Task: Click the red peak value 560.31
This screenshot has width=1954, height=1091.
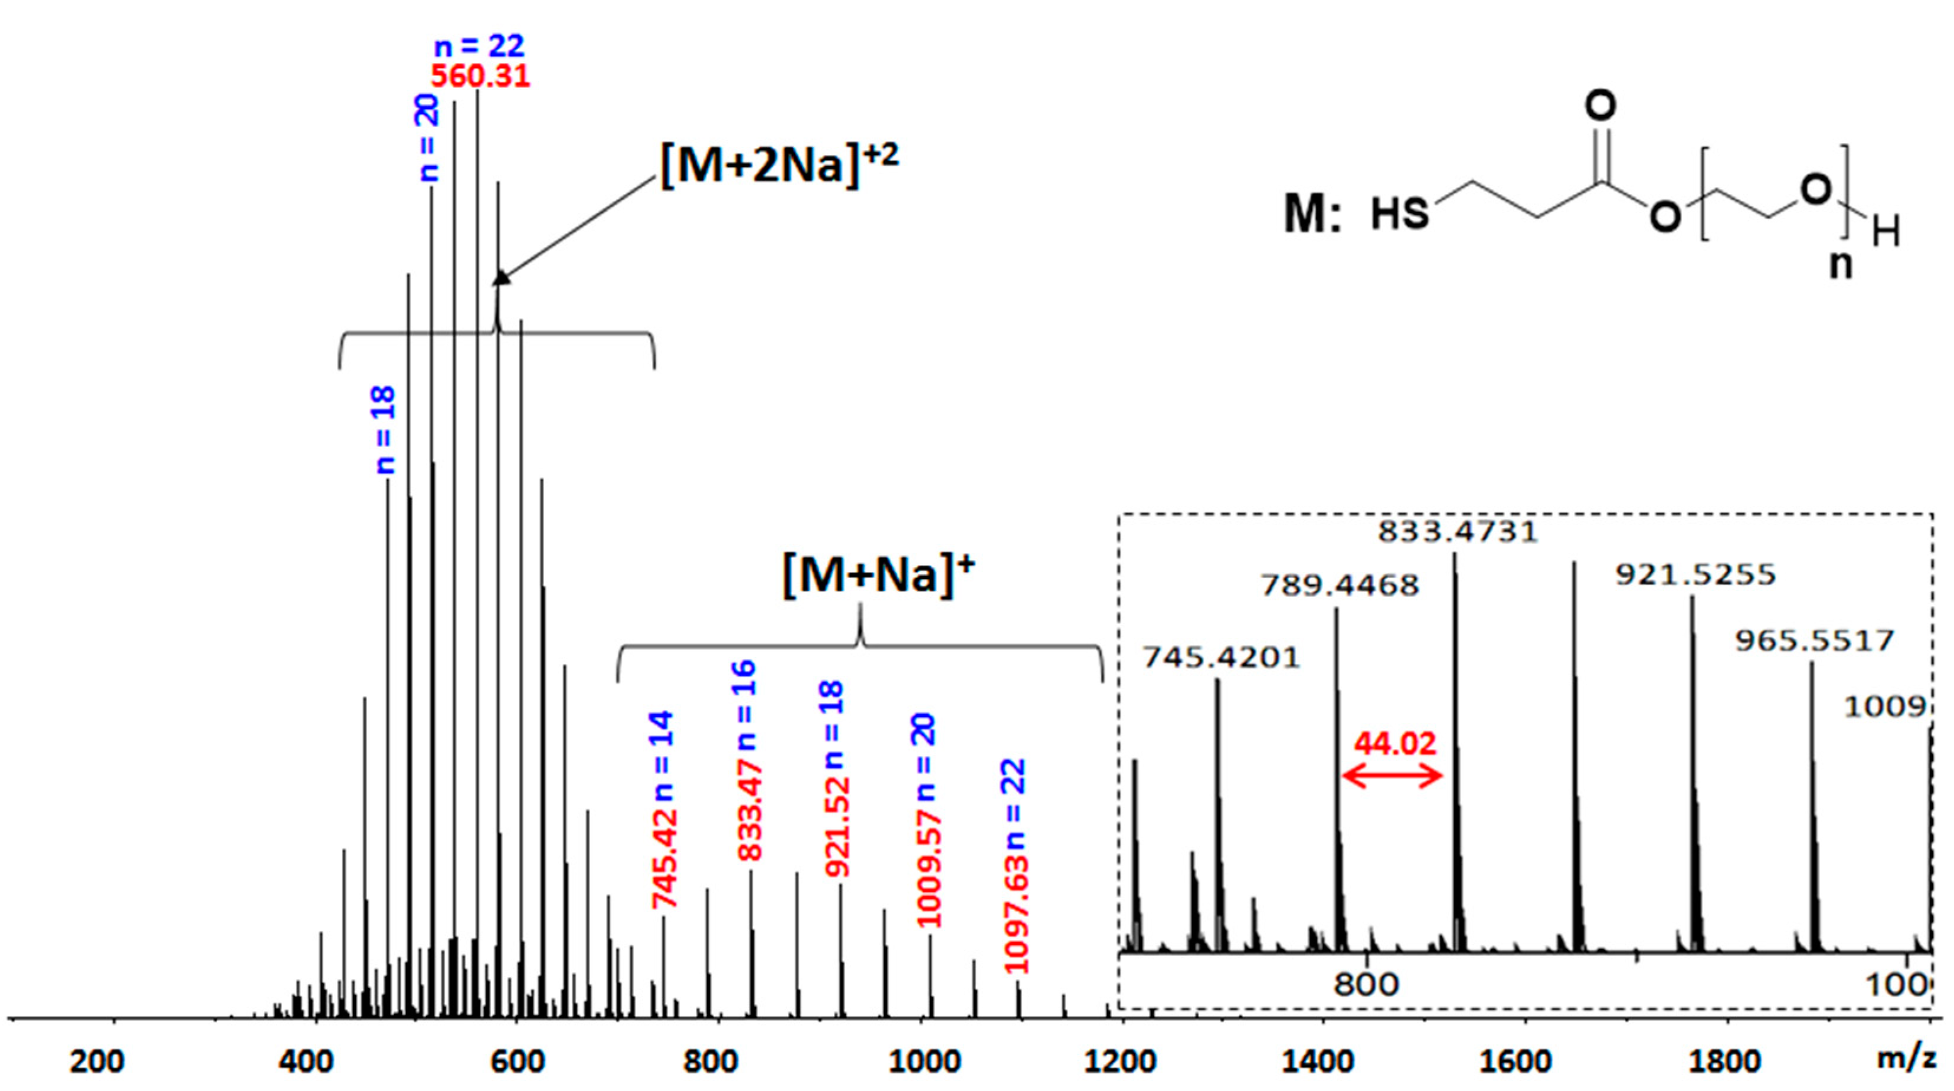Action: tap(480, 77)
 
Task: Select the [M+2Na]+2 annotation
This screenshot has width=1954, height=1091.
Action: tap(779, 165)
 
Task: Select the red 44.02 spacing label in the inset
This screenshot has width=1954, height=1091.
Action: tap(1395, 744)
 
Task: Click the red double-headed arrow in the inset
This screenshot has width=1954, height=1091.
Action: tap(1392, 775)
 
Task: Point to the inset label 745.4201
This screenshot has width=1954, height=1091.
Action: tap(1221, 658)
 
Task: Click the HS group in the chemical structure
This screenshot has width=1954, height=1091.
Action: tap(1399, 215)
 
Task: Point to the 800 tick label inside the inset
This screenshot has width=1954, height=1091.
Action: tap(1366, 984)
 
